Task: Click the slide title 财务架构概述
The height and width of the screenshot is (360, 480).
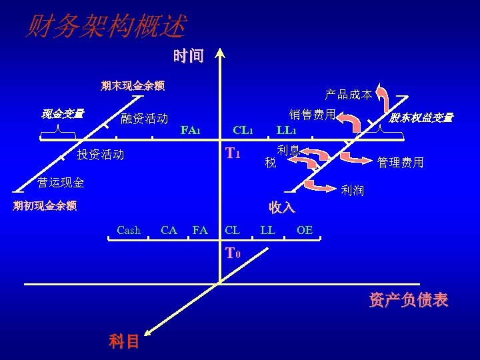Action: click(x=105, y=27)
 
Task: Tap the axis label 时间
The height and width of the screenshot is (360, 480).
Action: click(x=188, y=56)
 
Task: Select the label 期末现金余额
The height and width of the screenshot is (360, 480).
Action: click(x=133, y=85)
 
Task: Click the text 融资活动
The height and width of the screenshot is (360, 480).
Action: click(x=144, y=119)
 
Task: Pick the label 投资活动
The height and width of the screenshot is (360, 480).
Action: click(x=100, y=155)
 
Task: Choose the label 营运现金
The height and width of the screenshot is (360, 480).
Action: click(x=61, y=182)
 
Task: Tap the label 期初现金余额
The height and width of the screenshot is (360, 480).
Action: click(x=45, y=205)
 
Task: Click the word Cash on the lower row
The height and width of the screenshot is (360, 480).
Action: click(x=128, y=231)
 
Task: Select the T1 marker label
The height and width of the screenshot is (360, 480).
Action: click(x=233, y=154)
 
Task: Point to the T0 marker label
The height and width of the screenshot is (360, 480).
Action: click(x=233, y=253)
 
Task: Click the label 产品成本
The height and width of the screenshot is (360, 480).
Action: click(x=348, y=95)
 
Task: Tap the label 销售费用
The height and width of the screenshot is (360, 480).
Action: click(x=311, y=115)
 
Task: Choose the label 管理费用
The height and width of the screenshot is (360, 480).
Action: click(x=400, y=162)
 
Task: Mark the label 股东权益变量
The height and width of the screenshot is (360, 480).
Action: click(x=421, y=118)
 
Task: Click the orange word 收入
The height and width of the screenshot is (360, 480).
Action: click(x=282, y=207)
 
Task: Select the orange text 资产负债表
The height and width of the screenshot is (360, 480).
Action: click(x=408, y=300)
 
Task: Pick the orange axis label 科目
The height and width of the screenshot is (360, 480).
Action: click(x=124, y=341)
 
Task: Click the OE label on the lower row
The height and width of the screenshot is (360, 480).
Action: click(x=304, y=231)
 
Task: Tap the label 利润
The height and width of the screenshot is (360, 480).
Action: click(x=352, y=191)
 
